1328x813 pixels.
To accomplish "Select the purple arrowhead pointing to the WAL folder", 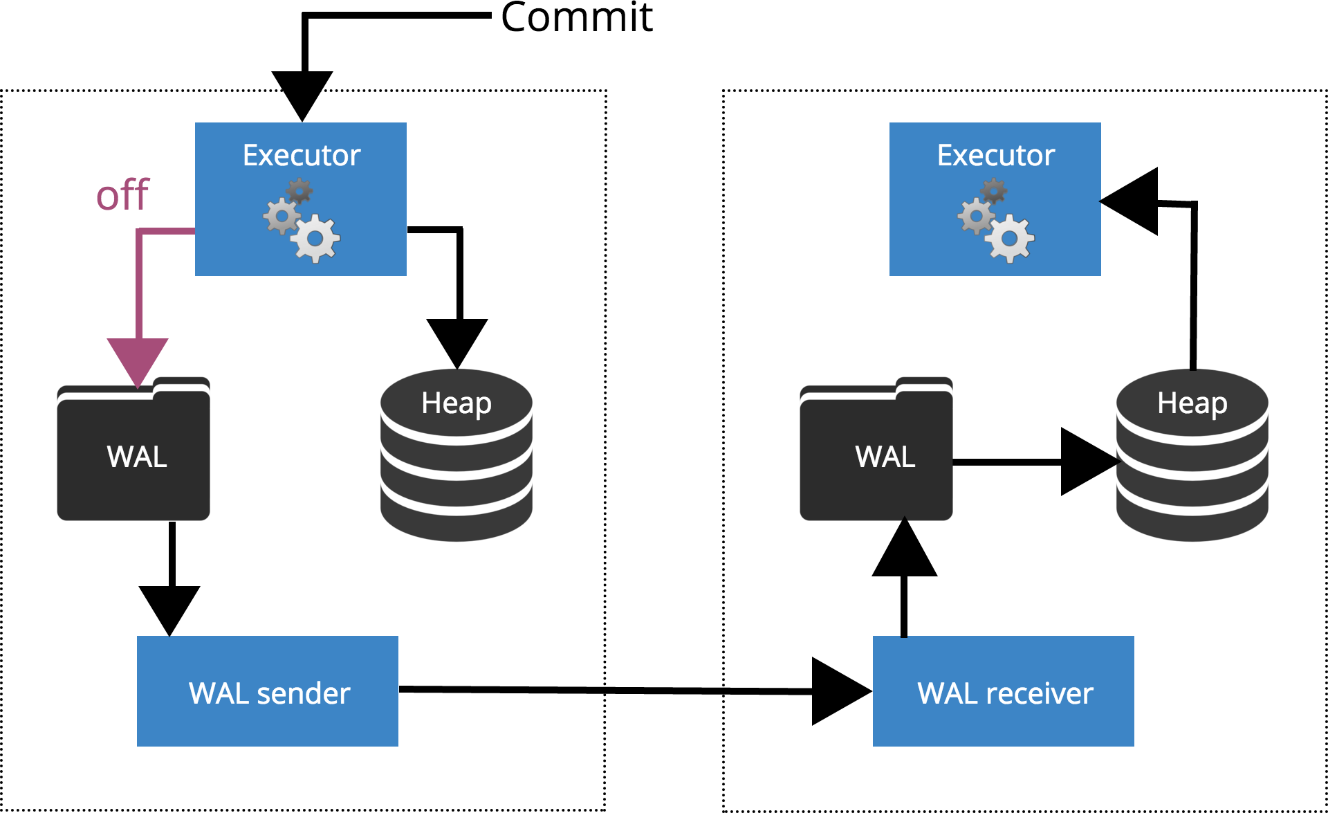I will point(138,360).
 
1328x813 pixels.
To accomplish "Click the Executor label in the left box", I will point(302,155).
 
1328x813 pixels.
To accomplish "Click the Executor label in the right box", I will point(995,155).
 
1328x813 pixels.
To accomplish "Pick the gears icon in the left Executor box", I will point(302,220).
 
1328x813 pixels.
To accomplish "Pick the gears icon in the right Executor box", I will point(996,220).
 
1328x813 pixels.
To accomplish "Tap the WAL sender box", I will point(268,691).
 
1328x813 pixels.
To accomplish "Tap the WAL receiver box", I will point(1003,691).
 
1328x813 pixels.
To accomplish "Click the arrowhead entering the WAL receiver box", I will point(838,691).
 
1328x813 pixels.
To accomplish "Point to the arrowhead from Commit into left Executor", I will point(302,93).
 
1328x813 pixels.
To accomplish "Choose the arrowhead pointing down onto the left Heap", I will point(457,340).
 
